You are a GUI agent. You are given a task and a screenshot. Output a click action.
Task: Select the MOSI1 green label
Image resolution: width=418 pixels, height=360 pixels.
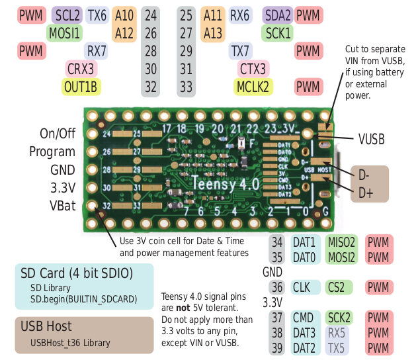pyautogui.click(x=65, y=32)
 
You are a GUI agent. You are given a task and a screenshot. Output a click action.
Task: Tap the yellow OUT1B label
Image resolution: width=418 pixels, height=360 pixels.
pyautogui.click(x=81, y=86)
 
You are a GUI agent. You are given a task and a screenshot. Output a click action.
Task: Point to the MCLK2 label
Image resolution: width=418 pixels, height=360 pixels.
pyautogui.click(x=253, y=86)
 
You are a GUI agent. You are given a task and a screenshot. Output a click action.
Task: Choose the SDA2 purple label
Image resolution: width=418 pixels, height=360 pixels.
pyautogui.click(x=278, y=15)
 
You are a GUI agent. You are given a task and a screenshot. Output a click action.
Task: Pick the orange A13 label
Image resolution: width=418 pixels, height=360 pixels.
pyautogui.click(x=213, y=32)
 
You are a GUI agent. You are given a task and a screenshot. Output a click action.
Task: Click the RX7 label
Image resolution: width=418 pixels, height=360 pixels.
pyautogui.click(x=97, y=50)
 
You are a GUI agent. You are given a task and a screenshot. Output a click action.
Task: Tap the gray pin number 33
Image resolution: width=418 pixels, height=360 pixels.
pyautogui.click(x=186, y=86)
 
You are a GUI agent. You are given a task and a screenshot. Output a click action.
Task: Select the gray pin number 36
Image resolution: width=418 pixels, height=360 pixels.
pyautogui.click(x=277, y=288)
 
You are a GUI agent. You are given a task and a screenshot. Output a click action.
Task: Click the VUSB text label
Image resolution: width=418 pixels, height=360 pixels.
pyautogui.click(x=371, y=140)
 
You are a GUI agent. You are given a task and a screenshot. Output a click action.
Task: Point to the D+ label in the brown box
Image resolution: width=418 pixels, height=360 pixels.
pyautogui.click(x=365, y=193)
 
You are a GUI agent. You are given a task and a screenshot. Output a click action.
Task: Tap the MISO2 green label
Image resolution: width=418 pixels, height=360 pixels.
pyautogui.click(x=341, y=243)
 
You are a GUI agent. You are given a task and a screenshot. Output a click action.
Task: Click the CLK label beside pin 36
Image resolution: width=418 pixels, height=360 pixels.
pyautogui.click(x=302, y=288)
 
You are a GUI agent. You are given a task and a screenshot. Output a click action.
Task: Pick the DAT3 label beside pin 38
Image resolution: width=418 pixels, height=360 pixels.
pyautogui.click(x=304, y=333)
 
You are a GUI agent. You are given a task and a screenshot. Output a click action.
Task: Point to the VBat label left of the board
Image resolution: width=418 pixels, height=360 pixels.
pyautogui.click(x=62, y=205)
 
